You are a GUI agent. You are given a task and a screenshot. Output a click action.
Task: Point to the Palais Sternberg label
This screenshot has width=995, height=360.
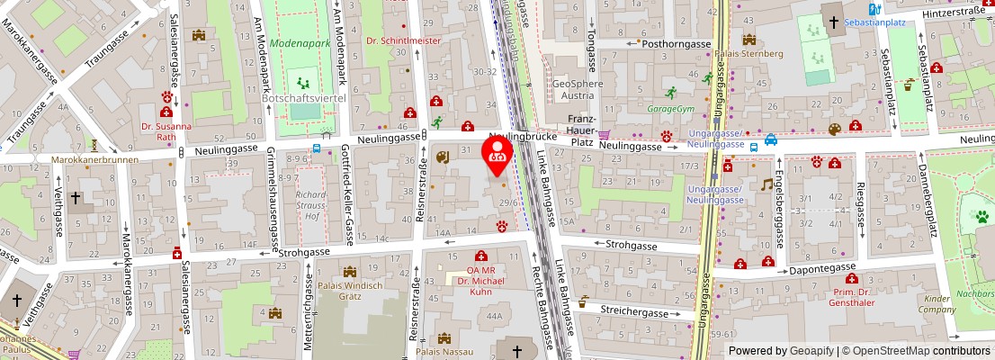tap(749, 53)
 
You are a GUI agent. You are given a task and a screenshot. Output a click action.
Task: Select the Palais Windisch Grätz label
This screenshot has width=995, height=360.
tap(351, 291)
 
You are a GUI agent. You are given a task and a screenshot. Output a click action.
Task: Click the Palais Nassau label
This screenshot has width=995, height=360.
tap(444, 353)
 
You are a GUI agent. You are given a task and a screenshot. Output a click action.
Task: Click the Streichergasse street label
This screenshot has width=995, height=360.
tap(636, 311)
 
